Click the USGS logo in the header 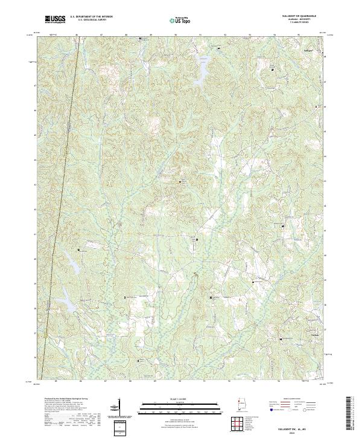(55, 19)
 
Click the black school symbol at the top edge (141, 39)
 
